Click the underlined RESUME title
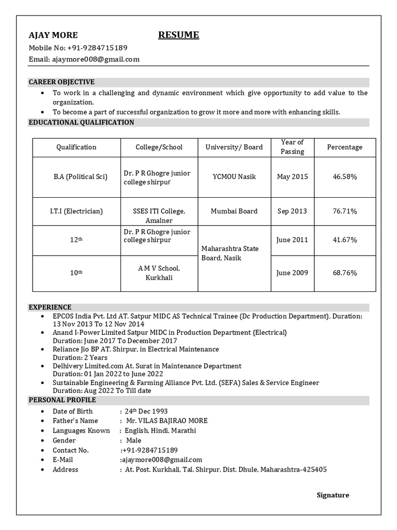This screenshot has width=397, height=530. (178, 35)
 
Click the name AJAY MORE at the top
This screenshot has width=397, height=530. (53, 35)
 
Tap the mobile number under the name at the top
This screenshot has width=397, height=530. (97, 48)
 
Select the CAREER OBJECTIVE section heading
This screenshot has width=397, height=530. (62, 82)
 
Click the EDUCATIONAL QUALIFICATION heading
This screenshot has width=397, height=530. (81, 123)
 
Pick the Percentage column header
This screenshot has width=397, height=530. (345, 147)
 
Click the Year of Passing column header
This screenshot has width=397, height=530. (292, 147)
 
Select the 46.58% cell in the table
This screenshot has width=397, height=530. (345, 176)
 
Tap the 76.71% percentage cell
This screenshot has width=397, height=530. (345, 211)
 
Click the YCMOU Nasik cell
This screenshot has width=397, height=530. (234, 176)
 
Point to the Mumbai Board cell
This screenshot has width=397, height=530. (234, 211)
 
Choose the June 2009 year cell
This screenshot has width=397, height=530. (292, 273)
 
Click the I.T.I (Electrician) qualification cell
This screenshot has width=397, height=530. (77, 211)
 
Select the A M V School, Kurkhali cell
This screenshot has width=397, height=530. (159, 273)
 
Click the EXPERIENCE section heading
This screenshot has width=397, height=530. (50, 307)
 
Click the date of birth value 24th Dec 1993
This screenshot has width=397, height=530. (146, 411)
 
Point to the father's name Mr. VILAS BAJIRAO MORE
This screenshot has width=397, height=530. (166, 421)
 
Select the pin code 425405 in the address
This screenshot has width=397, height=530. (315, 469)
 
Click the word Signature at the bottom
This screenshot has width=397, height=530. (332, 495)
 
